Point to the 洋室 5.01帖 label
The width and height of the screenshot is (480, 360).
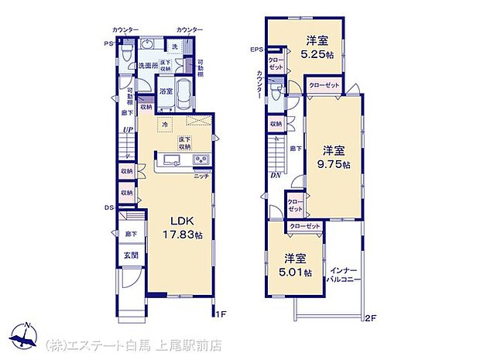coord(297,266)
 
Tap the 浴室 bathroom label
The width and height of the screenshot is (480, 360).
coord(166,91)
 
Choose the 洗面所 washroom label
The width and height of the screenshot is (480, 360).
coord(148,66)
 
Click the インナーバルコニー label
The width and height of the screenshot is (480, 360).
coord(343,275)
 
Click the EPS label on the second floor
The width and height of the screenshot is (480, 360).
coord(256,50)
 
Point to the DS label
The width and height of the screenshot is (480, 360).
coord(110,207)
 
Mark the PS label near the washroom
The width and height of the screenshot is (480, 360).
coord(110,44)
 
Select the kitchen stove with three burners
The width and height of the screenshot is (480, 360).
coord(200,160)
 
